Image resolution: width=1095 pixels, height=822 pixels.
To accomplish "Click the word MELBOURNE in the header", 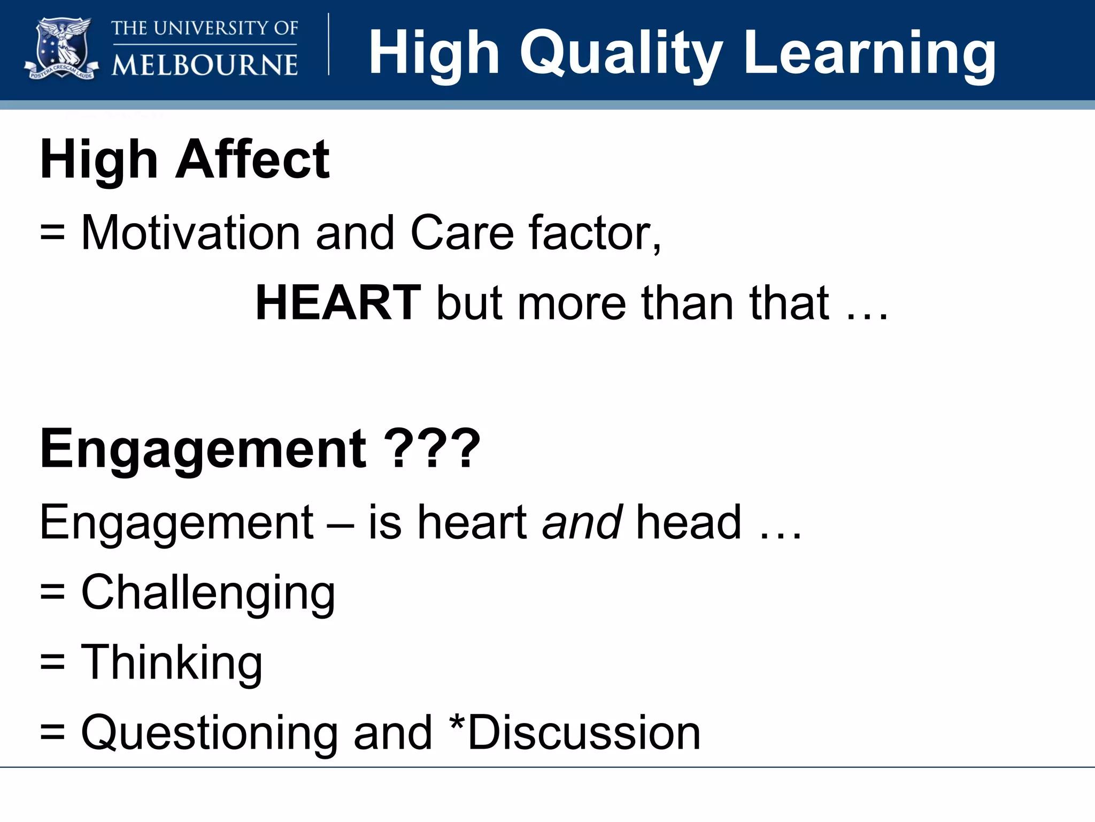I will click(204, 65).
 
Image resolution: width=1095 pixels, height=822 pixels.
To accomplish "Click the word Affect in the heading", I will click(252, 159).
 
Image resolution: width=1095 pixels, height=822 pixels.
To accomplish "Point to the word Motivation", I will click(190, 233).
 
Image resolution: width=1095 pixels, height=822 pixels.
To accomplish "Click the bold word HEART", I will click(338, 303).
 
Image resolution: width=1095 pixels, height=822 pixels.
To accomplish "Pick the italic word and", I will click(582, 522).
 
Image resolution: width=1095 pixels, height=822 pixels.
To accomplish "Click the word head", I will click(689, 522).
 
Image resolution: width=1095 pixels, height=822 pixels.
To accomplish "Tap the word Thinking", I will click(171, 663).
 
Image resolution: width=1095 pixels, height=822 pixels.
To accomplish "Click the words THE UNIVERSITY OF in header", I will click(204, 28).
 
